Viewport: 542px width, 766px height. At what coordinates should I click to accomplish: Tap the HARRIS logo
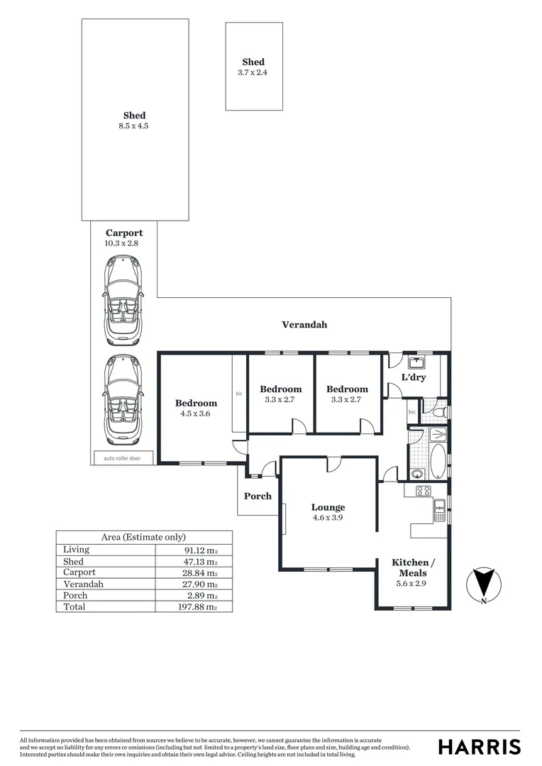point(479,746)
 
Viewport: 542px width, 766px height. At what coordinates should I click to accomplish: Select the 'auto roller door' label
point(122,458)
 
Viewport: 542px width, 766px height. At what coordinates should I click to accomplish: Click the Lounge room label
point(328,507)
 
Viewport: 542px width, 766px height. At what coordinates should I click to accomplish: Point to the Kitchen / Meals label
point(411,567)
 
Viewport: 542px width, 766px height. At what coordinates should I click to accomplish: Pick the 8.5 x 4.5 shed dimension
point(134,126)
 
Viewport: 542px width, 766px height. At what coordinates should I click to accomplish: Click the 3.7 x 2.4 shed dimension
point(253,72)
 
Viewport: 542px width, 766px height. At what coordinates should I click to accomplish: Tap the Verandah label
point(304,325)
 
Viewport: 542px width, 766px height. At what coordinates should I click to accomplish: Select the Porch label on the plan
point(258,496)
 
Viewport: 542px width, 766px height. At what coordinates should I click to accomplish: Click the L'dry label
point(414,377)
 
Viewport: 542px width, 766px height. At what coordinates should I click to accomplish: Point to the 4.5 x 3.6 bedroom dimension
point(196,413)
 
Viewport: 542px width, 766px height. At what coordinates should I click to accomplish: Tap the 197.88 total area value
point(197,607)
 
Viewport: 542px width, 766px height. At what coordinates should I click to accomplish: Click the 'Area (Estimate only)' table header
point(144,537)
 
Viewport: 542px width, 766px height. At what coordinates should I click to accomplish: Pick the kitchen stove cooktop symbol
point(423,490)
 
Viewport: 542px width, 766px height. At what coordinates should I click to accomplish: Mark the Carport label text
point(124,233)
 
